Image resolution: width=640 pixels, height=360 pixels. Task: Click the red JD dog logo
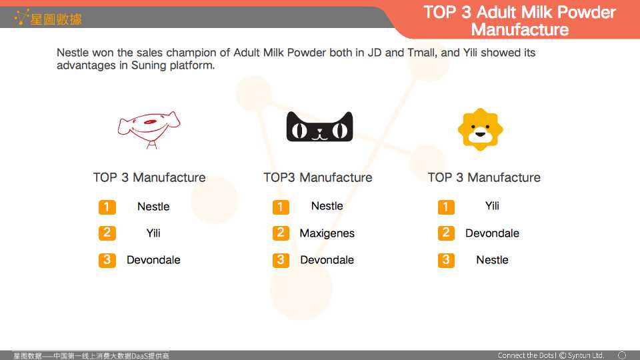pos(149,130)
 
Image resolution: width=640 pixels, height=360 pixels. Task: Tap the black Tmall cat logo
pos(319,127)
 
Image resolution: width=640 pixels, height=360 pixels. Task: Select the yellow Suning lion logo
pos(481,129)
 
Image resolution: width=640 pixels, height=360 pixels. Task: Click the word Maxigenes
pos(327,233)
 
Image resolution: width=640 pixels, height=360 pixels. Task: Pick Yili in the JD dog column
pos(153,233)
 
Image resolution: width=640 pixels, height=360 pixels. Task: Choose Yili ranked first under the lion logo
pos(492,206)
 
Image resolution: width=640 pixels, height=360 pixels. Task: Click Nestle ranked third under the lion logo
pos(492,260)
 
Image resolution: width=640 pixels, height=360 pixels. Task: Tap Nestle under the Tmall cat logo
pos(327,206)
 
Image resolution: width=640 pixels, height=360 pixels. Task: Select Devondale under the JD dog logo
pos(153,260)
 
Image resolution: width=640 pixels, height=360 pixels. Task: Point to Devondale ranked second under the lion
pos(492,233)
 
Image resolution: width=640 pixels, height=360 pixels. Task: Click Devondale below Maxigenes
pos(327,260)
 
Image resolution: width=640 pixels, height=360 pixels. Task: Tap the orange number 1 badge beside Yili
pos(446,207)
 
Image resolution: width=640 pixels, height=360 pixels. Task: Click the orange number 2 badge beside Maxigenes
pos(281,233)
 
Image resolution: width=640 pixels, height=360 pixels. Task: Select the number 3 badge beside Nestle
pos(446,260)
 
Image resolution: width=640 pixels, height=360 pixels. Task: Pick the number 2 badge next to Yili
pos(107,233)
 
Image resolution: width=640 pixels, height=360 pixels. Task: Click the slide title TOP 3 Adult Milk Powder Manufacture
pos(519,21)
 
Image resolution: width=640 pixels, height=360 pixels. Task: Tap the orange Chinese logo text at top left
pos(55,19)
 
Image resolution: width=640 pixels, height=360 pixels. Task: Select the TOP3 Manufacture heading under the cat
pos(317,177)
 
